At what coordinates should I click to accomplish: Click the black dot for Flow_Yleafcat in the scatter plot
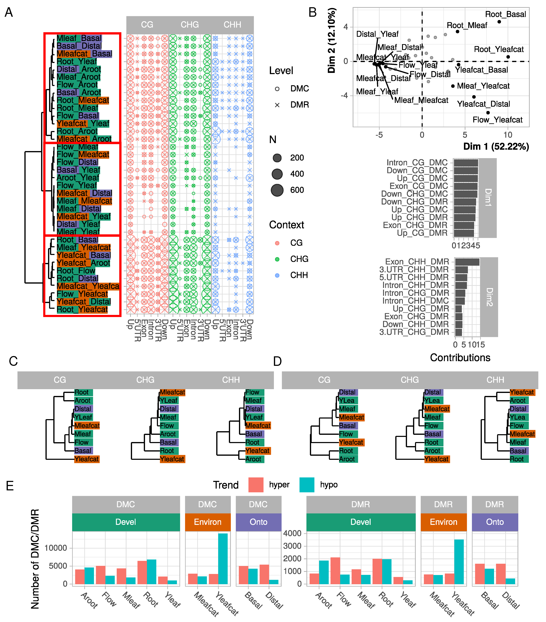(x=488, y=113)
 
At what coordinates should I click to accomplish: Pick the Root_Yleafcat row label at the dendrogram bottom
(x=82, y=309)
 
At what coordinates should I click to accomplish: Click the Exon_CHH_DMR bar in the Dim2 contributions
(x=467, y=262)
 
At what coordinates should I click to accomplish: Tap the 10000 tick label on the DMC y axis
(x=56, y=548)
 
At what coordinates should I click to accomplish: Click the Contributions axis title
(x=460, y=358)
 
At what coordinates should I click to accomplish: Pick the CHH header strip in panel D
(x=495, y=380)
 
